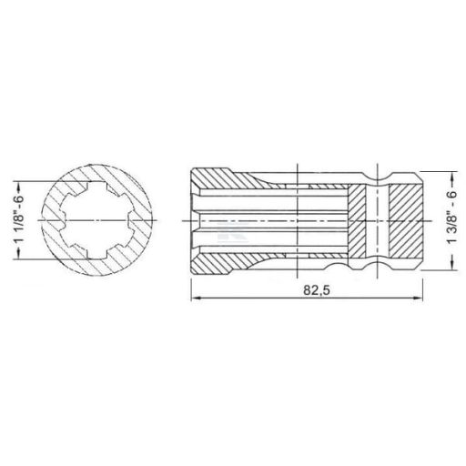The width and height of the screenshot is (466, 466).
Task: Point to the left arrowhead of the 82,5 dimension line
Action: click(x=193, y=300)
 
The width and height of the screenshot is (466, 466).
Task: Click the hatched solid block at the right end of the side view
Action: click(x=405, y=221)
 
